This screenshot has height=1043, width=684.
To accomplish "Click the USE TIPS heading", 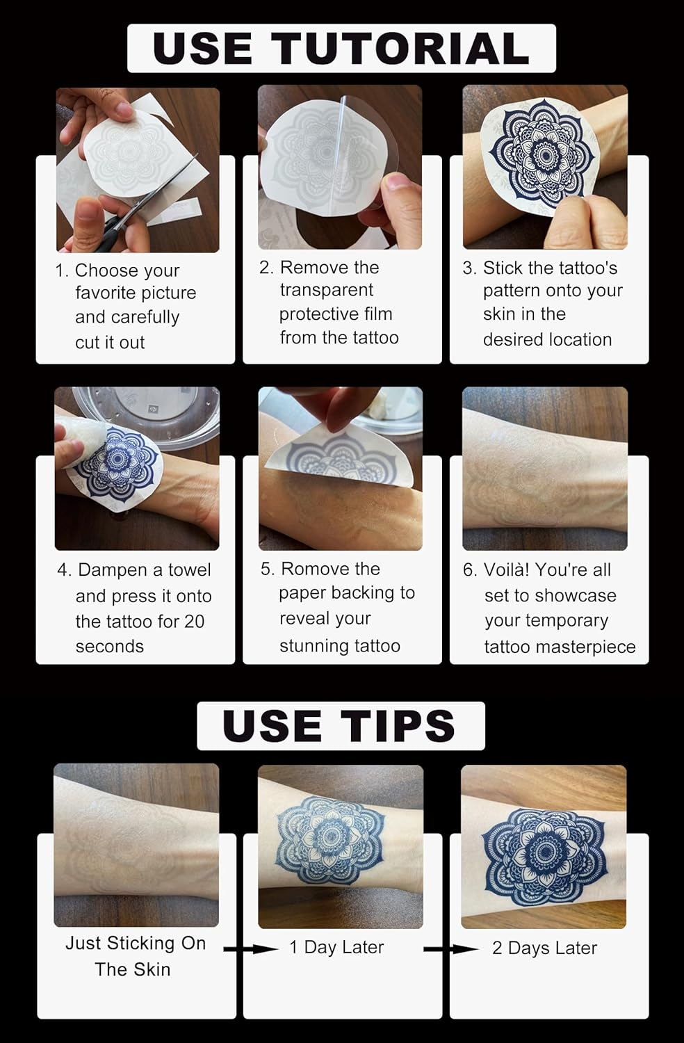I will click(x=340, y=725).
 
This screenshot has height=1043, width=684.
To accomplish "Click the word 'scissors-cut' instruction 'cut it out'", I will click(x=110, y=342).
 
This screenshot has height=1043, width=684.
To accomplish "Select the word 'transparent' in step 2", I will click(x=326, y=290).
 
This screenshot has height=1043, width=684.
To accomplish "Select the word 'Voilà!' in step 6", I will click(x=506, y=569).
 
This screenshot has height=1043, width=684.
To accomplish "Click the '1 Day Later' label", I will click(x=336, y=947).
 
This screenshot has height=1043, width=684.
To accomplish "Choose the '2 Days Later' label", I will click(x=544, y=948).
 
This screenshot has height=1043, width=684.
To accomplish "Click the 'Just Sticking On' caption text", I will click(x=136, y=943).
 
